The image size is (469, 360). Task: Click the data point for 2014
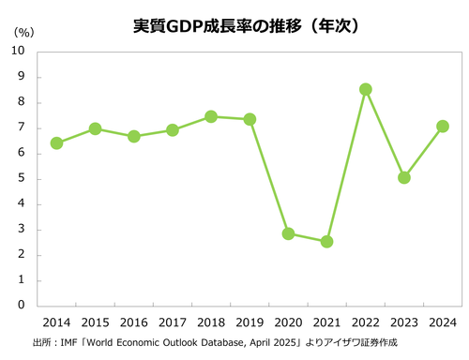click(x=56, y=143)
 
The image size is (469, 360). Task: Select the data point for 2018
click(x=211, y=116)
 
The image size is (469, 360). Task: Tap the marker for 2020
click(x=288, y=233)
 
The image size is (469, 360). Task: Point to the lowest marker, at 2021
click(x=326, y=241)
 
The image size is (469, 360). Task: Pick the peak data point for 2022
click(x=366, y=89)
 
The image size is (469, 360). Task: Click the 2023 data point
click(x=404, y=177)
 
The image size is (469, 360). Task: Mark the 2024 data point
click(x=443, y=127)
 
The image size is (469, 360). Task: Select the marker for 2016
click(x=133, y=136)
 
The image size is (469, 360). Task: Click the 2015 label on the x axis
click(x=95, y=322)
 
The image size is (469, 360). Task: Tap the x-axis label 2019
click(x=250, y=322)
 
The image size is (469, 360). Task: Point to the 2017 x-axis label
click(x=173, y=322)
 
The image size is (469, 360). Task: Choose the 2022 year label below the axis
click(x=366, y=322)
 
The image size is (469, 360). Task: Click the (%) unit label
click(x=23, y=31)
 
